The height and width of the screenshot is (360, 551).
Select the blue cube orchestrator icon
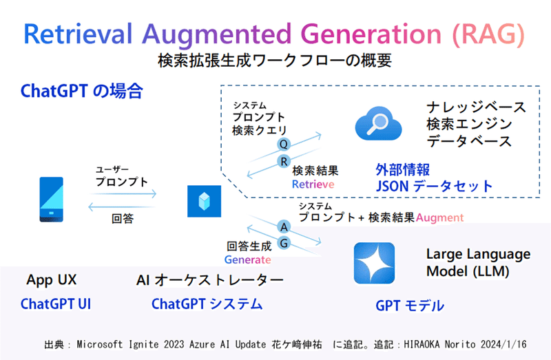pos(203,201)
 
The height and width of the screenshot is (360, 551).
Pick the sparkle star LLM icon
pos(374,263)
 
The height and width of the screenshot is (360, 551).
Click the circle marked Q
pos(282,144)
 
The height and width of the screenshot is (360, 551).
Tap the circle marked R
pos(282,161)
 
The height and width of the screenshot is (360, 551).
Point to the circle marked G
pos(283,244)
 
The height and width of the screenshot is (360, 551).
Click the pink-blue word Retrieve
pos(313,184)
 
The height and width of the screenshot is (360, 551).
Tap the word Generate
pos(247,260)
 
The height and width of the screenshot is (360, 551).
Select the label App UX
pos(52,280)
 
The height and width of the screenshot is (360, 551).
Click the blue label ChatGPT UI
pos(56,304)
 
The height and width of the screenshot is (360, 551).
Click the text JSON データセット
pos(434,186)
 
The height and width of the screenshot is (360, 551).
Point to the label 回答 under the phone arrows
pos(123,219)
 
